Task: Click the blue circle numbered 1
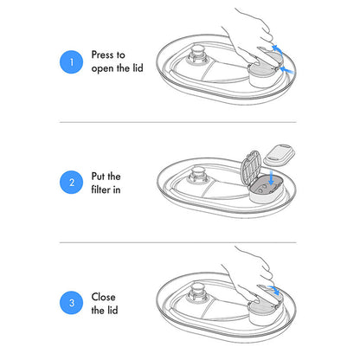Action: pos(72,62)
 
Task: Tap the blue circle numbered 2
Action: pos(72,183)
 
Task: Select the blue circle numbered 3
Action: pos(72,303)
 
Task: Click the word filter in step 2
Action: pos(100,190)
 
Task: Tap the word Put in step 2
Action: pos(98,176)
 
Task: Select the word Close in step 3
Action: pos(103,297)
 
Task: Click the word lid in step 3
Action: pos(112,310)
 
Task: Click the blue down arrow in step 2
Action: pos(271,177)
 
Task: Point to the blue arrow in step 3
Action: pos(274,290)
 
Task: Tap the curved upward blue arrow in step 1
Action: pos(278,49)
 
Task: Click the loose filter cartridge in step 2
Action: pos(280,155)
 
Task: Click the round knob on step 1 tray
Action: pos(197,54)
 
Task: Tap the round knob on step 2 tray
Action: pos(197,174)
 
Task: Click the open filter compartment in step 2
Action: pos(267,189)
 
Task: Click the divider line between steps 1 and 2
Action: pos(178,122)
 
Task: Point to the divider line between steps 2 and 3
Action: pos(178,242)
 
